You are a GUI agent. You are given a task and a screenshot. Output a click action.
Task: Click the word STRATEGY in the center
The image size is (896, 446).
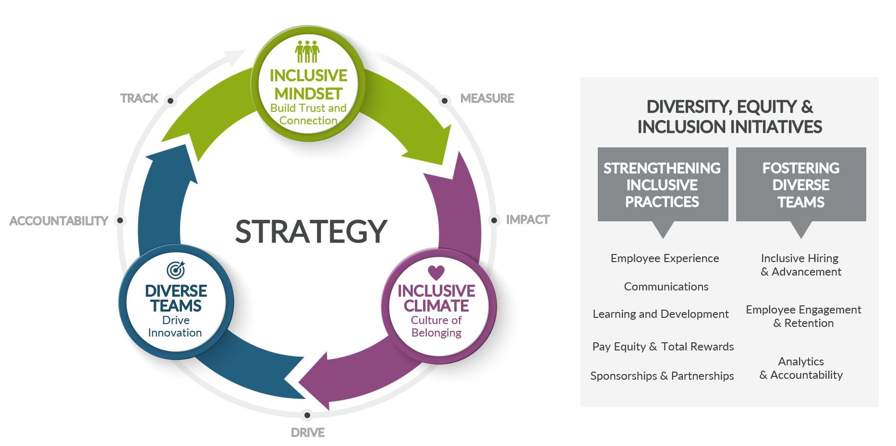pos(311,231)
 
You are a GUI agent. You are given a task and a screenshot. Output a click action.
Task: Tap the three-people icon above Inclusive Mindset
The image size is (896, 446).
pos(307,51)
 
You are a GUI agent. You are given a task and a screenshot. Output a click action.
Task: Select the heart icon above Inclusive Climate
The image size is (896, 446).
pos(436,273)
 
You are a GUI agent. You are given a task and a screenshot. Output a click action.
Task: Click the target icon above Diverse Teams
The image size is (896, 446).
pos(176,270)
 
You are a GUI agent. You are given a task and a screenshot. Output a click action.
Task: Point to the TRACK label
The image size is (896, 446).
pos(139,98)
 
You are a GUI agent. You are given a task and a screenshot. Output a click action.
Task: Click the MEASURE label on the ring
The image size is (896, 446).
pos(487,98)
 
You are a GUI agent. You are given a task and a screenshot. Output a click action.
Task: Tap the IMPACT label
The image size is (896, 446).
pos(528,220)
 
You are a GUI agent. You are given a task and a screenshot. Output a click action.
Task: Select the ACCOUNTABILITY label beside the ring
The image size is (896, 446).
pos(59,221)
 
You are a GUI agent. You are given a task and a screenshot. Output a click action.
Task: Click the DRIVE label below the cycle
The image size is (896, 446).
pos(308,433)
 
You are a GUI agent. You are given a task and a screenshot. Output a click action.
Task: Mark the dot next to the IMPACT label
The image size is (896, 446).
pos(494,220)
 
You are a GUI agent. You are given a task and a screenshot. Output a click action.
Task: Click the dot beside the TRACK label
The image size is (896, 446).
pos(170,101)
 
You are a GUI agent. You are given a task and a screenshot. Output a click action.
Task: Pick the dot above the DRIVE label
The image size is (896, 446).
pos(307,415)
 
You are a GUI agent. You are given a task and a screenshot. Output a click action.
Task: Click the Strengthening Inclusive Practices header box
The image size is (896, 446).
pos(663,185)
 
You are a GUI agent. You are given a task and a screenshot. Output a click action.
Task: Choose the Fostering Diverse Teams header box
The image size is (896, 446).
pos(801,185)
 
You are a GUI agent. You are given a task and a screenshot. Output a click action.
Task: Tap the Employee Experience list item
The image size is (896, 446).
pos(665,258)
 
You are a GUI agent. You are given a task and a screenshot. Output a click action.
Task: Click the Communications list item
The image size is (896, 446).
pos(666,287)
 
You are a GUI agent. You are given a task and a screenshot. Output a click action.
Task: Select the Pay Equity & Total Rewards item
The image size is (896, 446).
pos(663,347)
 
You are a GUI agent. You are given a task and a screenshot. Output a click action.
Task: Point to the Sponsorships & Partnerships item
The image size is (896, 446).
pos(662,376)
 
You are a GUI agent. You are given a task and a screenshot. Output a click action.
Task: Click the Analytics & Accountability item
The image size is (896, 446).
pos(801,368)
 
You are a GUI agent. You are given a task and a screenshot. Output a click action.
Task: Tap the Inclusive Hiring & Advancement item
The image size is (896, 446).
pos(801,265)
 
